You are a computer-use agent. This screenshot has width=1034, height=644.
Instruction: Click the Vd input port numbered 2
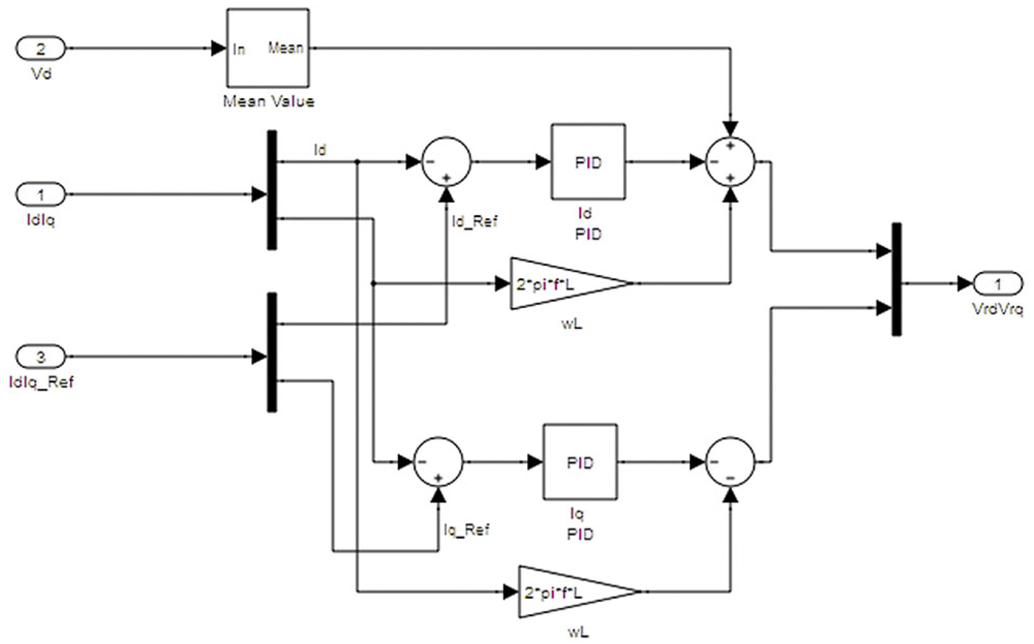pos(40,49)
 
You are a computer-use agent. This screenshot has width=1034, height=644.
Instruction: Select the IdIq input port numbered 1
pos(40,195)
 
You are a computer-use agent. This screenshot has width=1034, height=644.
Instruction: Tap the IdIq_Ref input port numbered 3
pos(40,357)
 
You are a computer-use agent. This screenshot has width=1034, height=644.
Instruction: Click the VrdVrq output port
pos(997,284)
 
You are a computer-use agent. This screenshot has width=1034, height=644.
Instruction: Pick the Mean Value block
pos(268,48)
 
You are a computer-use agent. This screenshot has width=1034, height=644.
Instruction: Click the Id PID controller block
pos(588,162)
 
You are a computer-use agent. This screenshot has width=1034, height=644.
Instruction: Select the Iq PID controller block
pos(579,462)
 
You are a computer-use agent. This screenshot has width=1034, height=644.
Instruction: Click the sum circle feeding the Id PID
pos(446,162)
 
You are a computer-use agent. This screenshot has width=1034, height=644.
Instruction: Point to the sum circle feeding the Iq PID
pos(438,462)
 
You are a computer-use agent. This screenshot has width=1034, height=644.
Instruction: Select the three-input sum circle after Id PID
pos(730,162)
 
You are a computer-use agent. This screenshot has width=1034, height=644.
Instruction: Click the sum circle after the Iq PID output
pos(730,462)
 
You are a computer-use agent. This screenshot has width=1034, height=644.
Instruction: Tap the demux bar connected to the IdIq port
pos(271,190)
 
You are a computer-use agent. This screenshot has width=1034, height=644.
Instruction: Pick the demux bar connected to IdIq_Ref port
pos(271,352)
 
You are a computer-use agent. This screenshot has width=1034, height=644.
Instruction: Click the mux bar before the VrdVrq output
pos(896,280)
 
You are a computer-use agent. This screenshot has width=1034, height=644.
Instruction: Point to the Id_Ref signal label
pos(474,222)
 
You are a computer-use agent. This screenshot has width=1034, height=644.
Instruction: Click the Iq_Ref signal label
pos(466,530)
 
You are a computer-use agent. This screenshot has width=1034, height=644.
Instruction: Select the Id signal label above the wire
pos(320,150)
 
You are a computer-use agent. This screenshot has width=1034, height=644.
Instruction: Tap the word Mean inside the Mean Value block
pos(285,48)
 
